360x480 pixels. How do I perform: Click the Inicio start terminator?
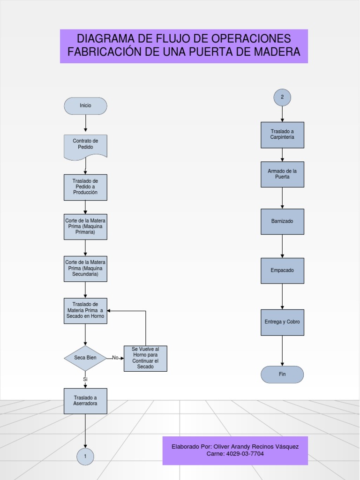pos(85,106)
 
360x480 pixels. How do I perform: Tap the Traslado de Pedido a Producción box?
pos(85,187)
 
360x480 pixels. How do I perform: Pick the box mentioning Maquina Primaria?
pos(85,226)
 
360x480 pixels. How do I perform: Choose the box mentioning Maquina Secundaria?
pos(85,269)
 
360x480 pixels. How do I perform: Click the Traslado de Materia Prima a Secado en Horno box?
pos(85,310)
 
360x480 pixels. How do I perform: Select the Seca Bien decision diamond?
pos(85,358)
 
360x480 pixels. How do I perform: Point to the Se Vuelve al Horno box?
pos(145,359)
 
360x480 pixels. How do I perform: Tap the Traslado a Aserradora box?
pos(85,401)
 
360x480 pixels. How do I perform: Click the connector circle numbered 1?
pos(85,457)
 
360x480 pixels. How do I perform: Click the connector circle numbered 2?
pos(282,97)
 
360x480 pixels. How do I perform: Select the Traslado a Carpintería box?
pos(282,135)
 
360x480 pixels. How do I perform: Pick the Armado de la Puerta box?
pos(282,174)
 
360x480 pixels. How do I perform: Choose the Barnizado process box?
pos(282,221)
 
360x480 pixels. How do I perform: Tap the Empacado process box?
pos(282,270)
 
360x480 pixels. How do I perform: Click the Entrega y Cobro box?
pos(282,322)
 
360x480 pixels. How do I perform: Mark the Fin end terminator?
pos(282,375)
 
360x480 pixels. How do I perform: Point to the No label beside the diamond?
pos(115,358)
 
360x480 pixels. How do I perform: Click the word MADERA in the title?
pos(277,52)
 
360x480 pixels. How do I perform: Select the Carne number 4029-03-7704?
pos(245,454)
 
